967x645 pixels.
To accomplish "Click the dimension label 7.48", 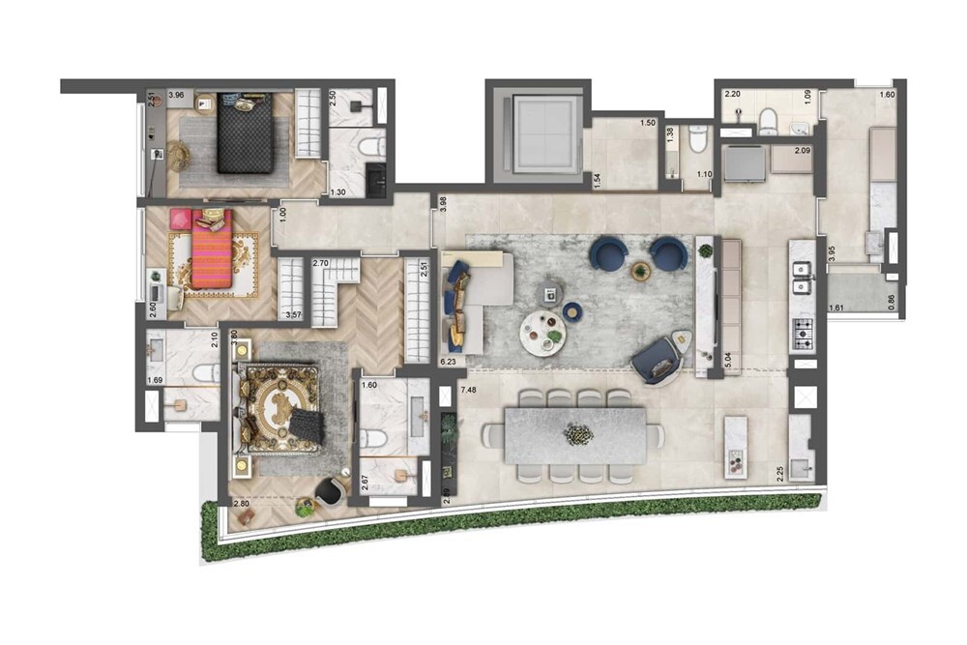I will [469, 390].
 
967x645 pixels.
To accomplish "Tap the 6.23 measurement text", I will [448, 361].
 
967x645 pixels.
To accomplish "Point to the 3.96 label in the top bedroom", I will [176, 96].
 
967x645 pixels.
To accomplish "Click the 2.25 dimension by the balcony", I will [779, 475].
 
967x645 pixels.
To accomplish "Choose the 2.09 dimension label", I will [802, 151].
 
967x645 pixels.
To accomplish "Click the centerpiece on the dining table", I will [578, 435].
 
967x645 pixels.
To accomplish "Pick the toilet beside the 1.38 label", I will [696, 145].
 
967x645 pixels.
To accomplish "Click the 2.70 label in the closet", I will [322, 263].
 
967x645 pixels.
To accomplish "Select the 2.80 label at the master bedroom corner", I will [242, 504].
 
